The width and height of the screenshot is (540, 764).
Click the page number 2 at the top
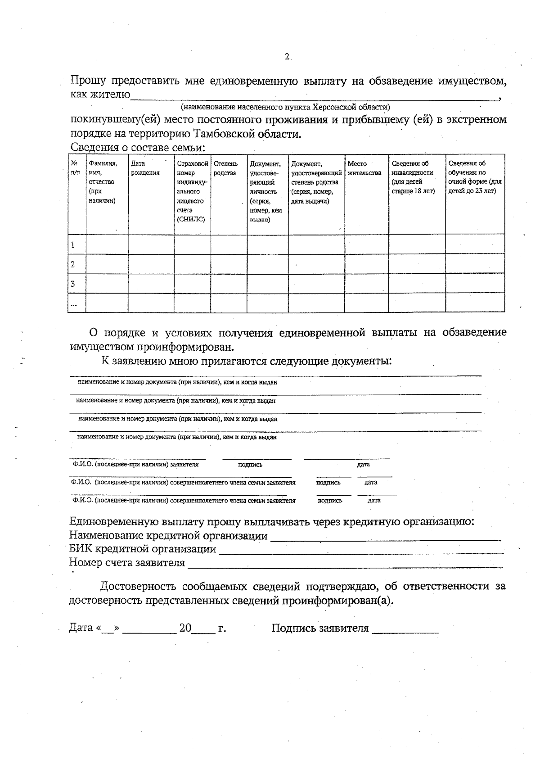coord(287,57)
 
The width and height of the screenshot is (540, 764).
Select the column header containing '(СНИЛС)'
coord(192,191)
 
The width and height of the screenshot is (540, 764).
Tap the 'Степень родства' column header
coord(225,168)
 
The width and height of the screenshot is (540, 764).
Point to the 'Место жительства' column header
coord(364,168)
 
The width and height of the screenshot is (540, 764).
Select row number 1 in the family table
coord(73,245)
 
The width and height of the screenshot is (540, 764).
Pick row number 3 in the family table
coord(73,284)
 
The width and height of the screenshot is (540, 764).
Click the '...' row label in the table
coord(73,304)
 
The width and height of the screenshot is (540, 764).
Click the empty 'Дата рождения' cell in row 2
coord(151,264)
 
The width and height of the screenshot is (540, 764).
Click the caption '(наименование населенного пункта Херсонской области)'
coord(285,107)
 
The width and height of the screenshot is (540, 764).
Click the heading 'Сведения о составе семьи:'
coord(138,148)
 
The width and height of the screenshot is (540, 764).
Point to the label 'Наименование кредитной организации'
coord(168,536)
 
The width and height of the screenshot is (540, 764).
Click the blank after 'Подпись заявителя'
coord(405,629)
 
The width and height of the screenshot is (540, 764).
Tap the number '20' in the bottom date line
coord(185,628)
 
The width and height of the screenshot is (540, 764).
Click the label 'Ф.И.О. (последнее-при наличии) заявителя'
coord(135,464)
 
